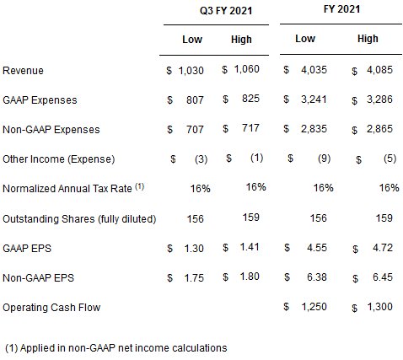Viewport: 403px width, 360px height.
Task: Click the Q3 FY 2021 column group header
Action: click(226, 11)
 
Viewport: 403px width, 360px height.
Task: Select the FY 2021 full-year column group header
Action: click(341, 9)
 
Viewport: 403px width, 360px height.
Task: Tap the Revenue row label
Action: click(23, 70)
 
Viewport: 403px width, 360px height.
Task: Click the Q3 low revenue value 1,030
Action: click(191, 70)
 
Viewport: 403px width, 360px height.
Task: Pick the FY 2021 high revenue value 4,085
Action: click(379, 69)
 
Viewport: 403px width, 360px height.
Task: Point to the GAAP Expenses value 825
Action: click(250, 99)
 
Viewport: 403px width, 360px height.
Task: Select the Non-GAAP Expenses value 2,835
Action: click(314, 129)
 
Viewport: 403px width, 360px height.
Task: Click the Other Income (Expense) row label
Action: click(59, 159)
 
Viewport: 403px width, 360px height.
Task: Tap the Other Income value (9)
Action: click(324, 159)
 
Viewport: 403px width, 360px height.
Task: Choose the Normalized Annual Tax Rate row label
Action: click(67, 188)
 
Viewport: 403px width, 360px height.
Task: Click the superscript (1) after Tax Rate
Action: click(140, 186)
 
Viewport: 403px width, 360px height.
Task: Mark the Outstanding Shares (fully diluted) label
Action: click(79, 218)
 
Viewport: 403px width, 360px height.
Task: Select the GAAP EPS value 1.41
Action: click(250, 247)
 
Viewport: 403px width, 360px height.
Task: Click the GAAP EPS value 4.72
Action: click(383, 248)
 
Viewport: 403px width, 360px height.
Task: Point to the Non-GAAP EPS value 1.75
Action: click(194, 278)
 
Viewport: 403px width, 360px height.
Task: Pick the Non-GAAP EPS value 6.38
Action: click(317, 277)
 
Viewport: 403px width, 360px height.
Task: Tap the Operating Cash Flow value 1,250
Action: click(314, 307)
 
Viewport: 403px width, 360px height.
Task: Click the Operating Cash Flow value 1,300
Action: click(380, 307)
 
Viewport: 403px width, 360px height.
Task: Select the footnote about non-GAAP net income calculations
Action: click(116, 348)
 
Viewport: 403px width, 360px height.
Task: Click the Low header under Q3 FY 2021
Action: click(192, 39)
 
